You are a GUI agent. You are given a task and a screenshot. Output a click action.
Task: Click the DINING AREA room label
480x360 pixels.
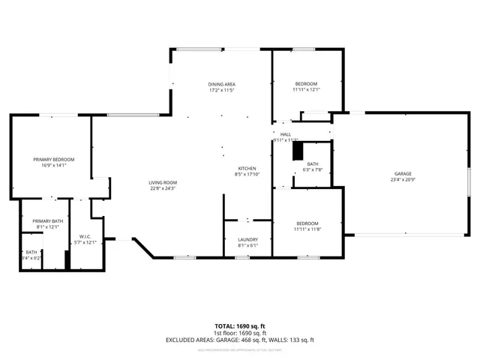pyautogui.click(x=222, y=83)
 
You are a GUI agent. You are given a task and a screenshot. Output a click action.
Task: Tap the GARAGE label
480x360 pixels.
pyautogui.click(x=403, y=173)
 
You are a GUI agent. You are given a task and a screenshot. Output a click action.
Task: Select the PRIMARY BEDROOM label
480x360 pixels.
pyautogui.click(x=54, y=159)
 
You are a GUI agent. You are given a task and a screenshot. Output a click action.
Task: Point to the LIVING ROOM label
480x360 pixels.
pyautogui.click(x=162, y=182)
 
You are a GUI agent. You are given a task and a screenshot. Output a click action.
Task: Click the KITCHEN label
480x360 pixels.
pyautogui.click(x=247, y=168)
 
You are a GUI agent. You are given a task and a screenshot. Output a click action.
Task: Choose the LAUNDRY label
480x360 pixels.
pyautogui.click(x=247, y=239)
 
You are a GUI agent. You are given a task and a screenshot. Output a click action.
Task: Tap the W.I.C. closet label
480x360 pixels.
pyautogui.click(x=85, y=236)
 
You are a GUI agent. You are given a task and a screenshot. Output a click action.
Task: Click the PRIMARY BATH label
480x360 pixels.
pyautogui.click(x=47, y=220)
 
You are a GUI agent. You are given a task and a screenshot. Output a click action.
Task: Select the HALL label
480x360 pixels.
pyautogui.click(x=286, y=133)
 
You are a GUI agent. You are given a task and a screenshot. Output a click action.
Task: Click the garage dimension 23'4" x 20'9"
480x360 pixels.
pyautogui.click(x=403, y=180)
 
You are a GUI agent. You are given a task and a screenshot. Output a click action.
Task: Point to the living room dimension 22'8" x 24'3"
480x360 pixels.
pyautogui.click(x=162, y=189)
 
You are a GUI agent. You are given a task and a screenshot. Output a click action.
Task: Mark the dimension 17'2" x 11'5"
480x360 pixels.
pyautogui.click(x=222, y=90)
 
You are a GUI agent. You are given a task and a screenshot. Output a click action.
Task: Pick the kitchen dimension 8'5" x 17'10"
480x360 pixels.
pyautogui.click(x=247, y=175)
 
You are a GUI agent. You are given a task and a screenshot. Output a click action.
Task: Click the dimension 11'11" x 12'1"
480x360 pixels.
pyautogui.click(x=306, y=90)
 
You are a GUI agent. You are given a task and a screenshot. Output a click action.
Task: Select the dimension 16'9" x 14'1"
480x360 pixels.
pyautogui.click(x=54, y=166)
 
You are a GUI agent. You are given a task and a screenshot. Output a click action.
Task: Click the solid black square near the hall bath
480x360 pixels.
pyautogui.click(x=298, y=151)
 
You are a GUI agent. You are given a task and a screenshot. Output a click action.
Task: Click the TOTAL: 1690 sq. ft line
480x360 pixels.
pyautogui.click(x=239, y=325)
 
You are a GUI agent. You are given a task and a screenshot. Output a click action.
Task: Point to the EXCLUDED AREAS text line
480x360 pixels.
pyautogui.click(x=239, y=340)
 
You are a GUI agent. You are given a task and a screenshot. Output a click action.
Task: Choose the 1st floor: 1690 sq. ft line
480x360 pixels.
pyautogui.click(x=239, y=333)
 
